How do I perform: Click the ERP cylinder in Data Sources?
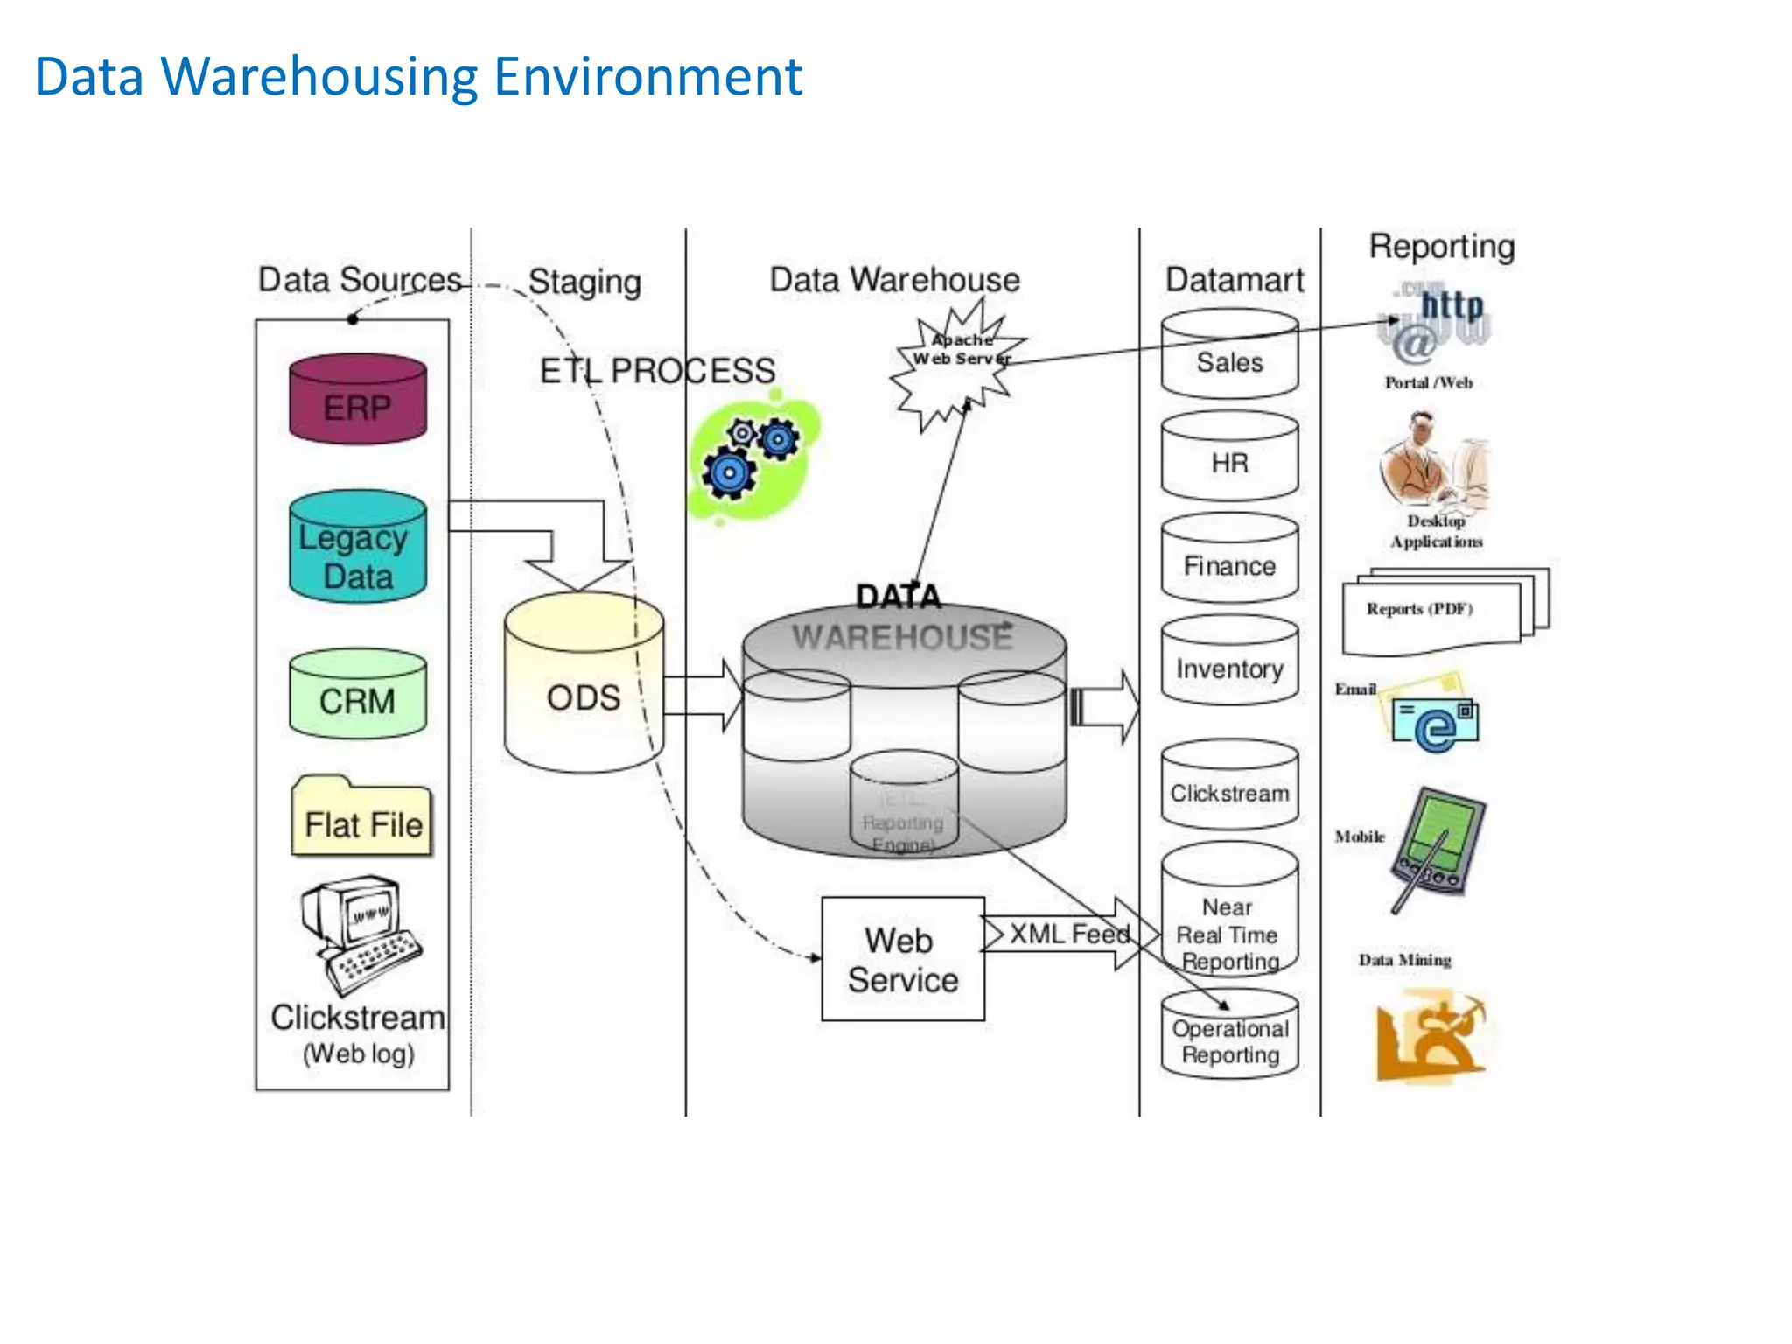358,400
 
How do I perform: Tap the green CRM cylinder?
358,695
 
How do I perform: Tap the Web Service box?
902,959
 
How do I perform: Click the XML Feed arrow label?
1068,934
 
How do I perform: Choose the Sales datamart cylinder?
1229,354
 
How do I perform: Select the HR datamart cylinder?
1229,457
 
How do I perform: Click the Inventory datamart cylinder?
1229,661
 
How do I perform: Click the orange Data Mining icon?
1429,1036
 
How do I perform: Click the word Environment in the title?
647,77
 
